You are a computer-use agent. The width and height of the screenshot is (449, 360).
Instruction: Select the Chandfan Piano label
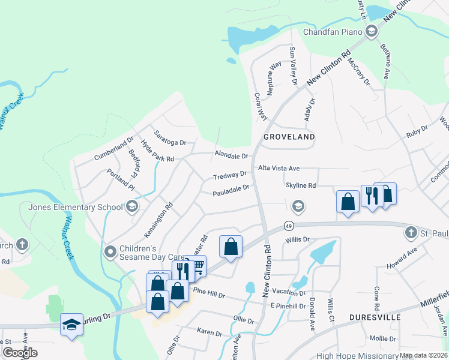[333, 32]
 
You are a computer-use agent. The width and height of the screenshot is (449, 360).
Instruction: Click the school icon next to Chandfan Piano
[371, 32]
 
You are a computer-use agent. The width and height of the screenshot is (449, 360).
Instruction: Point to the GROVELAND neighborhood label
[289, 137]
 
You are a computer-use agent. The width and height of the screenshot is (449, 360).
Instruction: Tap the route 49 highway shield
[289, 226]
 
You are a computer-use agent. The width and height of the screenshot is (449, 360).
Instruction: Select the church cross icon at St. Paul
[411, 232]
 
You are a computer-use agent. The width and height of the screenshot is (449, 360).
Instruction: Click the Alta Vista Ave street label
[279, 169]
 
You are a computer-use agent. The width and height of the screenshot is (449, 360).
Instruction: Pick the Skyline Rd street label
[301, 186]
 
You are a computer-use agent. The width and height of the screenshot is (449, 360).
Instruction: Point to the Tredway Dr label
[230, 175]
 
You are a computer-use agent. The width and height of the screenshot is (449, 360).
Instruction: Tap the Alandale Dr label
[231, 156]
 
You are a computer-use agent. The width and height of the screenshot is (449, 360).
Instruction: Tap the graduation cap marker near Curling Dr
[71, 325]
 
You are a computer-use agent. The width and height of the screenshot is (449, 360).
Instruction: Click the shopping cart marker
[196, 265]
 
